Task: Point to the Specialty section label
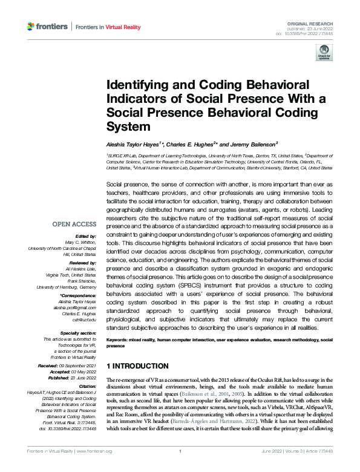(x=79, y=332)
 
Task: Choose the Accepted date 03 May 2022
(x=79, y=372)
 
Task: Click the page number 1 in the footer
(x=180, y=468)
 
